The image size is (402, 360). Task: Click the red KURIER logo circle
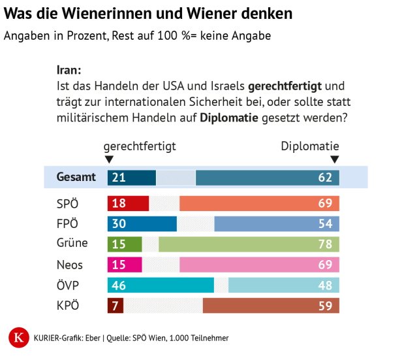pos(20,338)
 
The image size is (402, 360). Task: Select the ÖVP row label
pos(68,286)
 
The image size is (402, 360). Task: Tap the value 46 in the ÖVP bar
pos(119,286)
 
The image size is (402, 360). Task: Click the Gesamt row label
pos(76,177)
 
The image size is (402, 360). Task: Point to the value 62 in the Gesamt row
pos(325,177)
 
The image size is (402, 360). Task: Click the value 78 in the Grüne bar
pos(325,244)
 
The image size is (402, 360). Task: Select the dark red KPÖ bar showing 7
pos(115,305)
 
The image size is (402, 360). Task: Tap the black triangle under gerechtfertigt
pos(109,159)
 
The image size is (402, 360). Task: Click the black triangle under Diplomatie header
pos(335,159)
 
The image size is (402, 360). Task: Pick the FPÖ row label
pos(68,223)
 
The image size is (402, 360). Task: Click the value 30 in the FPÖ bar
pos(119,223)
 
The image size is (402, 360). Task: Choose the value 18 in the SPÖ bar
pos(119,203)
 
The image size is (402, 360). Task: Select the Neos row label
pos(70,265)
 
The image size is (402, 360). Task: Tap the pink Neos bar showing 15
pos(124,265)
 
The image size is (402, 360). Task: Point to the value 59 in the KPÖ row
pos(325,305)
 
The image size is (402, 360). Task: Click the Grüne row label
pos(72,244)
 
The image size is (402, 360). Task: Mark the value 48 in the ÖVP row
pos(325,286)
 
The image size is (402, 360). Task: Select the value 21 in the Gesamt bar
pos(119,177)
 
